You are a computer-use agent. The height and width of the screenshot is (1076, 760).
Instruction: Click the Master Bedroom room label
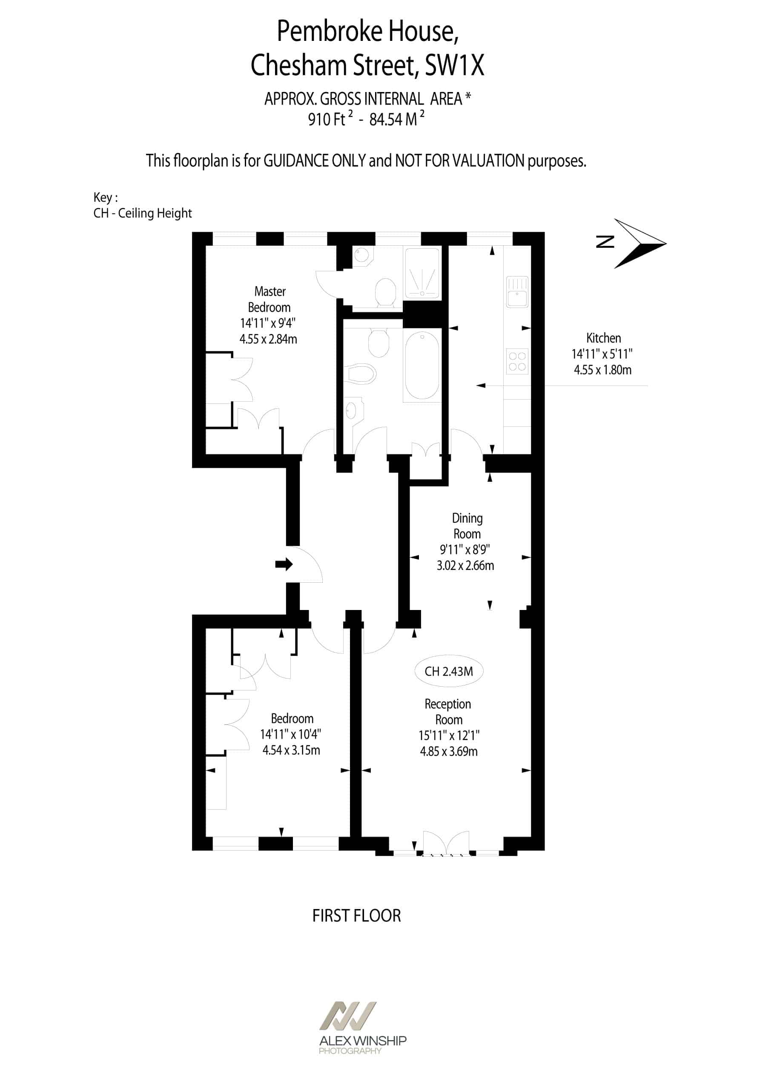click(270, 299)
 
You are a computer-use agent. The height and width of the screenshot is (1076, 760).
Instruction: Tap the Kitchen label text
click(603, 338)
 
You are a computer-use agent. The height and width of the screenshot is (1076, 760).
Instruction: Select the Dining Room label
click(467, 526)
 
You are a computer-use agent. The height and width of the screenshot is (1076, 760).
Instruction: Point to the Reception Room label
click(448, 711)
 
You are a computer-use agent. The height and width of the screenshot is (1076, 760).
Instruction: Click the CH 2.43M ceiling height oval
click(449, 671)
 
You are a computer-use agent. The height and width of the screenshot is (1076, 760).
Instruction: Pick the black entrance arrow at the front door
click(284, 564)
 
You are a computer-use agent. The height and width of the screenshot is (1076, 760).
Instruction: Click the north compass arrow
click(640, 243)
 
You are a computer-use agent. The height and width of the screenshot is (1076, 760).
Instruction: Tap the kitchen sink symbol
click(517, 292)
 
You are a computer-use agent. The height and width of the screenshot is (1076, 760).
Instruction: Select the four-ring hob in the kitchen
click(517, 361)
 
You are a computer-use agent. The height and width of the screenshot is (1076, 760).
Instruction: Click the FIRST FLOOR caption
click(356, 915)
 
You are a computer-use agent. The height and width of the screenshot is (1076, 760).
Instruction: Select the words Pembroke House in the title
click(368, 32)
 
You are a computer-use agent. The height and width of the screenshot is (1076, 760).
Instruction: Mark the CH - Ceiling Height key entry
click(143, 213)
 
